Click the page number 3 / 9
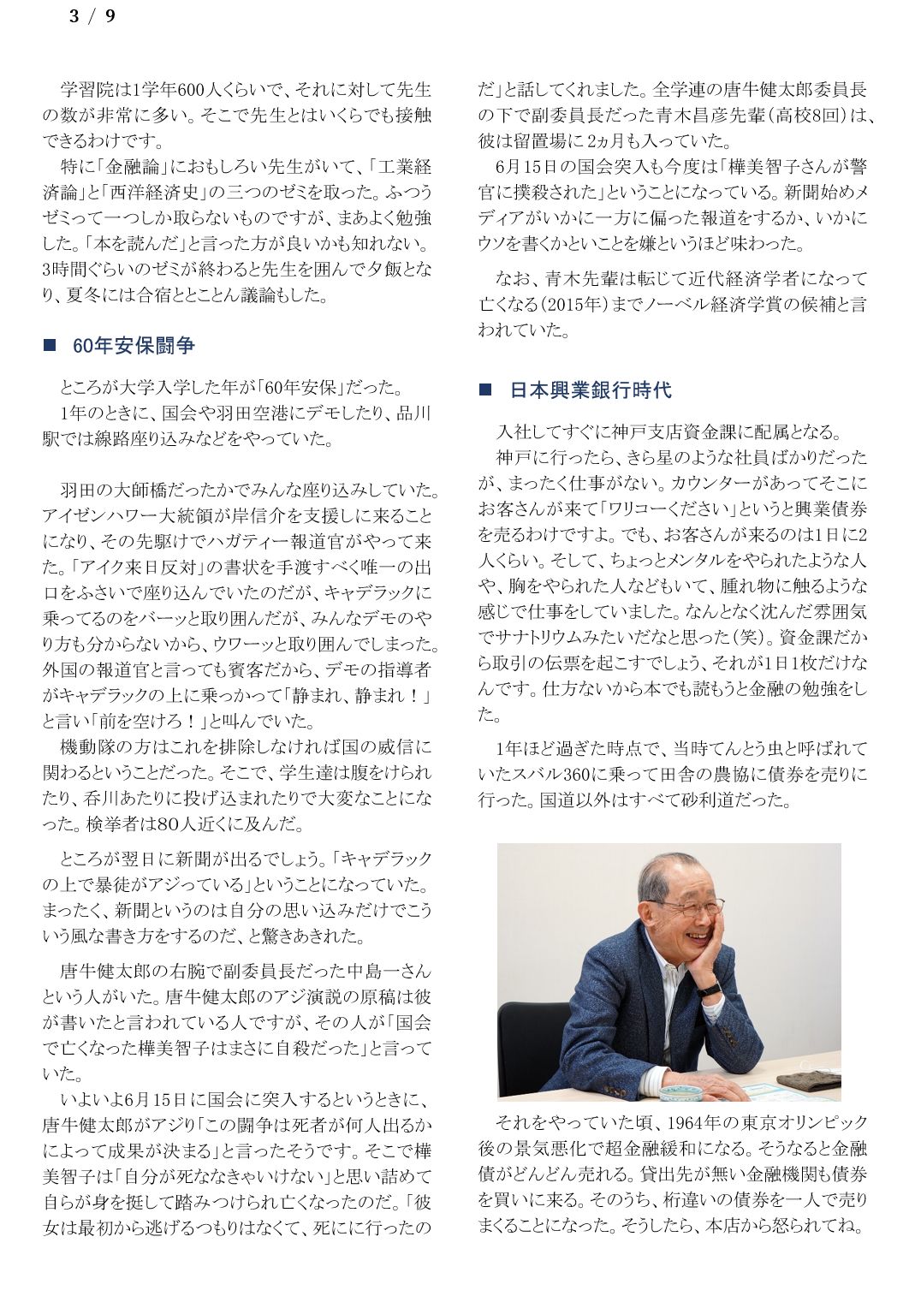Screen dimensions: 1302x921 pyautogui.click(x=92, y=16)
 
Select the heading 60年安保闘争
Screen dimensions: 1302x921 pyautogui.click(x=134, y=345)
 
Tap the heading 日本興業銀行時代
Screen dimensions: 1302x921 pyautogui.click(x=591, y=389)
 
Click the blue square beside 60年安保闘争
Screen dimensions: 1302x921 pyautogui.click(x=50, y=345)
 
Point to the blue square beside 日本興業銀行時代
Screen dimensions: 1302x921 pyautogui.click(x=485, y=389)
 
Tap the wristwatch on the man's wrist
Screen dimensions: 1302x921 pyautogui.click(x=709, y=989)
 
